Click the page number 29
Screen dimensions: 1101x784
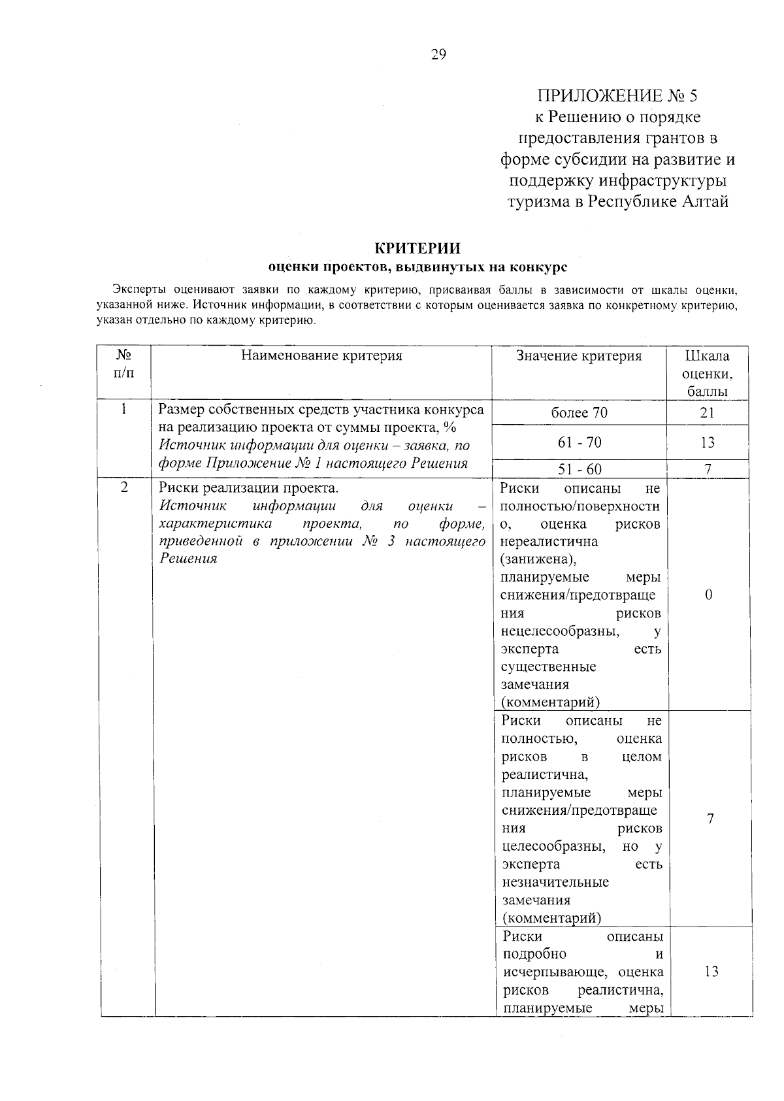coord(438,55)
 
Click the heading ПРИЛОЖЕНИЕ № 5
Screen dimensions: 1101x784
coord(617,96)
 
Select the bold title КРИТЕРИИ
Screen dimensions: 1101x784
coord(417,248)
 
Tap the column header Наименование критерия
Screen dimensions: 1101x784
coord(321,355)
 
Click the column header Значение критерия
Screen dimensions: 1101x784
coord(579,355)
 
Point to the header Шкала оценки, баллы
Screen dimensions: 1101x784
coord(707,374)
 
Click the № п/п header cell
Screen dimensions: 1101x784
coord(123,364)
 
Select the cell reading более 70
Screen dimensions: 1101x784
coord(579,413)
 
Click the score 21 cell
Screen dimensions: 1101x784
coord(707,413)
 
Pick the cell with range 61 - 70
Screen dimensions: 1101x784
coord(579,442)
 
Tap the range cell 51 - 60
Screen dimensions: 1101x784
coord(579,469)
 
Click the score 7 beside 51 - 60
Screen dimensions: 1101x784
coord(707,469)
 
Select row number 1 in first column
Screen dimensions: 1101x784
coord(123,410)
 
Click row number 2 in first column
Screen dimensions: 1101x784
coord(123,488)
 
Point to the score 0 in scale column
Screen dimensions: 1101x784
coord(708,594)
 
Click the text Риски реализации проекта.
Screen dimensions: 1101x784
coord(249,488)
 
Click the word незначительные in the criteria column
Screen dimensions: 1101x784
coord(555,882)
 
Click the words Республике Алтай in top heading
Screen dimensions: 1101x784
coord(658,201)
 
